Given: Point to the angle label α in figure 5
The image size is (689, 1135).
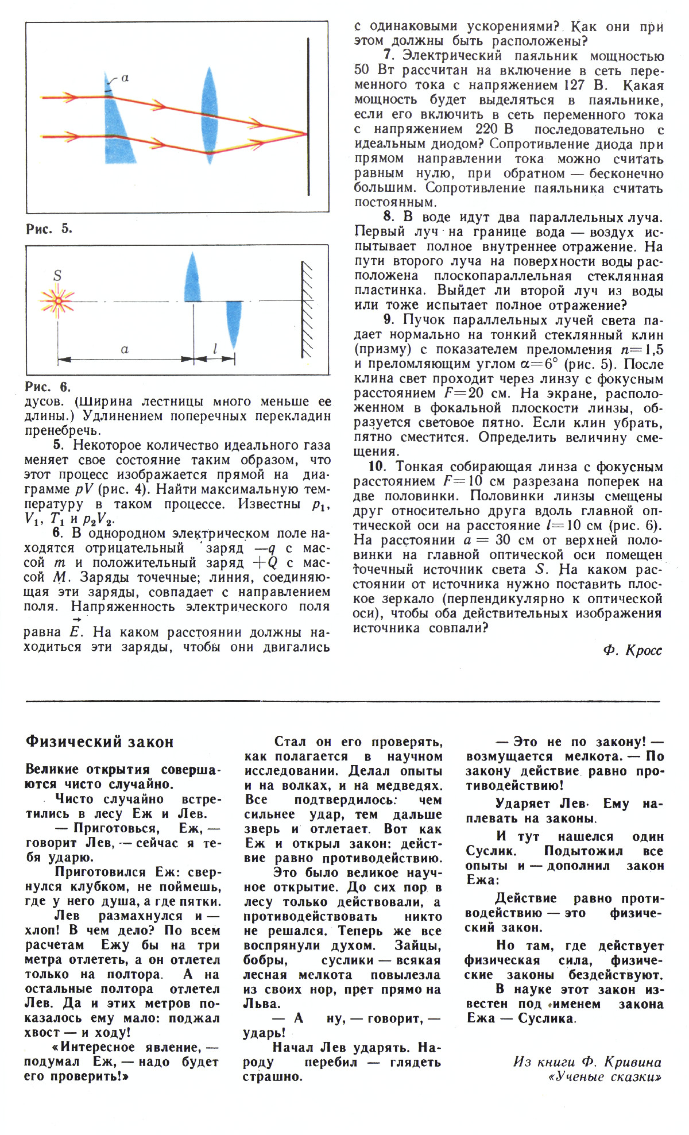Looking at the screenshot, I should pos(125,78).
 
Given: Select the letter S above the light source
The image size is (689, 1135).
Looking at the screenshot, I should pos(57,276).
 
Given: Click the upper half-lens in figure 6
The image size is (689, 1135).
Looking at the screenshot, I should pos(193,279).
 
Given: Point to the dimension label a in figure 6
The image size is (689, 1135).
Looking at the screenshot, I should pos(125,349).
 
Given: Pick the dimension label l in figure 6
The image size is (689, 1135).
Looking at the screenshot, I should pos(215,349).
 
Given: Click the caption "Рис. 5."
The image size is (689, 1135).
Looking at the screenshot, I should pos(49,229).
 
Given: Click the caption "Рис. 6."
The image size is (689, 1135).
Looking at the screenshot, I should pos(48,387).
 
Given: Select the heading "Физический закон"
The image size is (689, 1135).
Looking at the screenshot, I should pos(99,742).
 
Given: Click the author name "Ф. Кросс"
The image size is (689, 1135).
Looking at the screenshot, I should pos(633,650).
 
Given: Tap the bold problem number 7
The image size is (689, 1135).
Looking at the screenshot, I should pos(388,56).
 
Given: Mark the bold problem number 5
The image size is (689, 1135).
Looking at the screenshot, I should pos(57,445).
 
